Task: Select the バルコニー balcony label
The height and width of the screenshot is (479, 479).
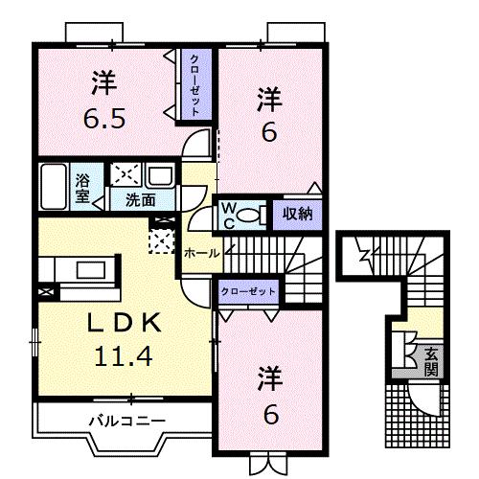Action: [x=127, y=419]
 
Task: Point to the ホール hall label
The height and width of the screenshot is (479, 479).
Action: [x=201, y=253]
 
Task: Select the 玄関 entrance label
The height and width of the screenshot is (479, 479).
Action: [x=432, y=359]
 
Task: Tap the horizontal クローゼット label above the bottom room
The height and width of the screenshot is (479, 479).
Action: [x=247, y=290]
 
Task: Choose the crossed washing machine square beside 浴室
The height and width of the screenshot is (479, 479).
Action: [x=125, y=175]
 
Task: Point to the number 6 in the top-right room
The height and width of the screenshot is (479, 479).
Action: [x=270, y=132]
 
